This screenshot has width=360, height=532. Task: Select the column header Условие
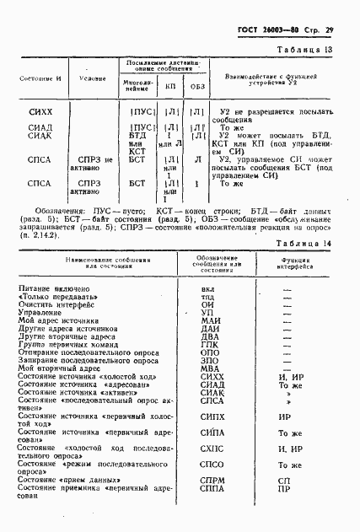point(92,78)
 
